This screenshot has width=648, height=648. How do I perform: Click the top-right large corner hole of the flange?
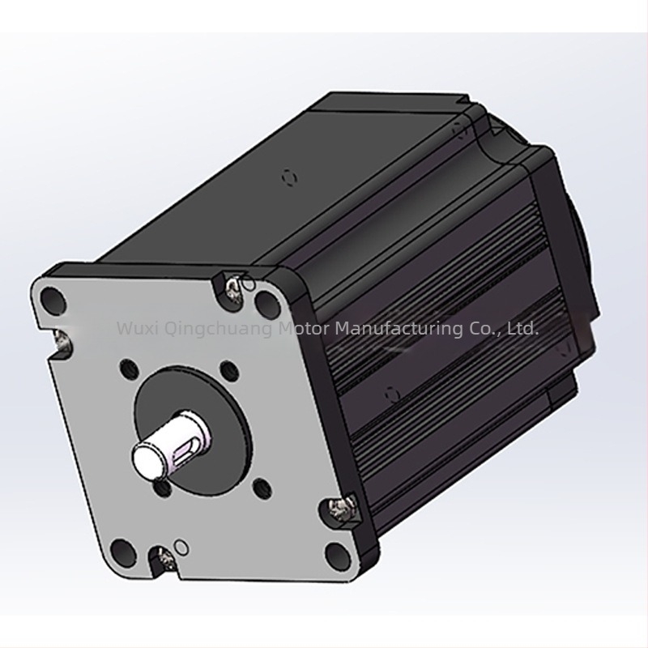coord(266,302)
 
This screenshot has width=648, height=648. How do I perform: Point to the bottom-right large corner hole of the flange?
coord(336,554)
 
